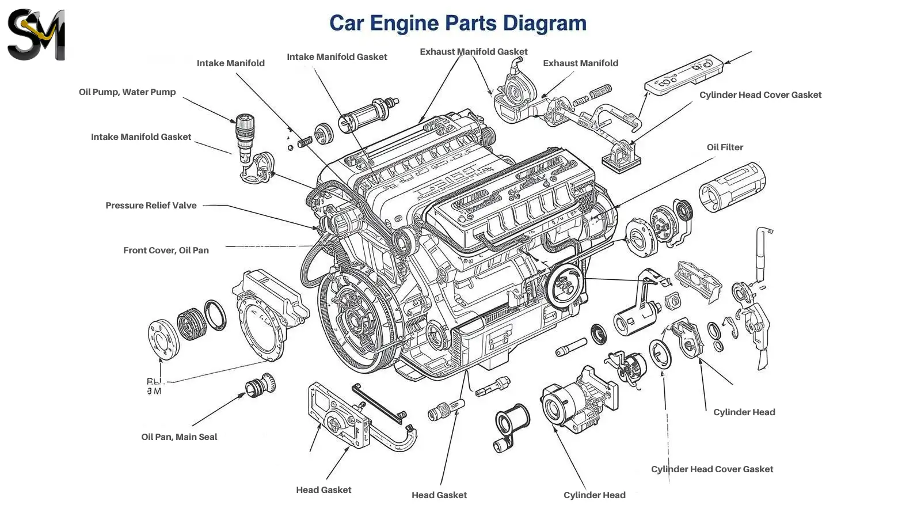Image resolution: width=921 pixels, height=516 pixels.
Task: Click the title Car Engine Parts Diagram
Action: (x=458, y=23)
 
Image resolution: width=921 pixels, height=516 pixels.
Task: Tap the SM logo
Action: (x=36, y=35)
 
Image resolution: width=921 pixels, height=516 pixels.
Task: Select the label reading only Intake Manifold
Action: (x=230, y=63)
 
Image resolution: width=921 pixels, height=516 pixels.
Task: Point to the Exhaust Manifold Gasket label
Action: (x=473, y=52)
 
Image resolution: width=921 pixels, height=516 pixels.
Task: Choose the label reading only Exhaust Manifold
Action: (x=580, y=63)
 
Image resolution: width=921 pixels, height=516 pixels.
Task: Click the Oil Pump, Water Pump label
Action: (x=127, y=92)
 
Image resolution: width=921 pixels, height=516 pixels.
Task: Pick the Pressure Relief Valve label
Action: (x=151, y=206)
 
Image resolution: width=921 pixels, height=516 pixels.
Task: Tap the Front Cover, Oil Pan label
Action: (x=166, y=251)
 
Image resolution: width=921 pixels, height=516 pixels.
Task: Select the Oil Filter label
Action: (x=725, y=147)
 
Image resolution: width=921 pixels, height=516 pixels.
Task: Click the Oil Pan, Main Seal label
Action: (x=179, y=437)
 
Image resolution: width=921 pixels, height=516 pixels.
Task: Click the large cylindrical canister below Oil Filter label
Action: (x=732, y=186)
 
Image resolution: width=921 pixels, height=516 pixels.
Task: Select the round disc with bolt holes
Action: (x=162, y=339)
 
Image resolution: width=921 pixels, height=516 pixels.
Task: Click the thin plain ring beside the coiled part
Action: (x=215, y=316)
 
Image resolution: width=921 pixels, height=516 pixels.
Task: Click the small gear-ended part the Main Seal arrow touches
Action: (x=260, y=385)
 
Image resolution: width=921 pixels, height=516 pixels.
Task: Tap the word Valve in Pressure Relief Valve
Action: (x=184, y=206)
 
